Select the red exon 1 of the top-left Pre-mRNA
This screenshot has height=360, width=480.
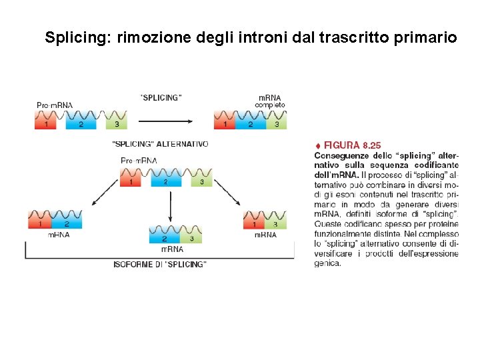46,123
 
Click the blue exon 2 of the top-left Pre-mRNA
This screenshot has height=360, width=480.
81,123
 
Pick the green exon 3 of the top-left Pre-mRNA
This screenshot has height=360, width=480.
117,123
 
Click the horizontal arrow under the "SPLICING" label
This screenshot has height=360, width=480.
165,121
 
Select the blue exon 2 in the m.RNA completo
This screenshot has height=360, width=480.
251,123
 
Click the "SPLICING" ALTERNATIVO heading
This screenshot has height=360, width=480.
160,144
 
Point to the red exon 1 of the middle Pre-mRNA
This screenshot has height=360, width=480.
131,181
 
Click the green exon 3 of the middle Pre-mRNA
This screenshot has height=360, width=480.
201,181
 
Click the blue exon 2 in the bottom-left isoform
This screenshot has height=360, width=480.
67,224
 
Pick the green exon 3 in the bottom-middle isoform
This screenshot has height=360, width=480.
191,238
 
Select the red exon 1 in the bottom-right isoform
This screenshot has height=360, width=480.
253,224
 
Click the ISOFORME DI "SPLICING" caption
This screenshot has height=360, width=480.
160,265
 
